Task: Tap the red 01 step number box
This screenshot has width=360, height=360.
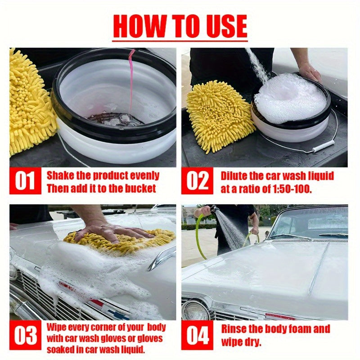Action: click(x=25, y=181)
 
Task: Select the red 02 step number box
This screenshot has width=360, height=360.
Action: click(x=197, y=181)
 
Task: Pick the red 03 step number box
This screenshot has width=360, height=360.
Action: click(x=25, y=335)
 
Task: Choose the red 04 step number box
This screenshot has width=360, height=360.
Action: click(x=197, y=335)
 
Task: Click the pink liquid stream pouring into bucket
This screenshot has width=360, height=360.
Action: click(x=131, y=81)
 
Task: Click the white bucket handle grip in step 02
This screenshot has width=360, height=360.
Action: click(x=324, y=146)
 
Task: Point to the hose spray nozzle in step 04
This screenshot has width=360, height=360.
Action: click(x=213, y=209)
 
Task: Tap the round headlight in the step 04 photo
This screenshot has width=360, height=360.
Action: click(x=195, y=310)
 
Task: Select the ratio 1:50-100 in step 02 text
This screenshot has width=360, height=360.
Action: click(x=292, y=189)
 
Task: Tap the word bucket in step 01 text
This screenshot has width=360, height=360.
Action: click(x=140, y=189)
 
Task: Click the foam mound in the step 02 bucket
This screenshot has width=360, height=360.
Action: click(x=290, y=98)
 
